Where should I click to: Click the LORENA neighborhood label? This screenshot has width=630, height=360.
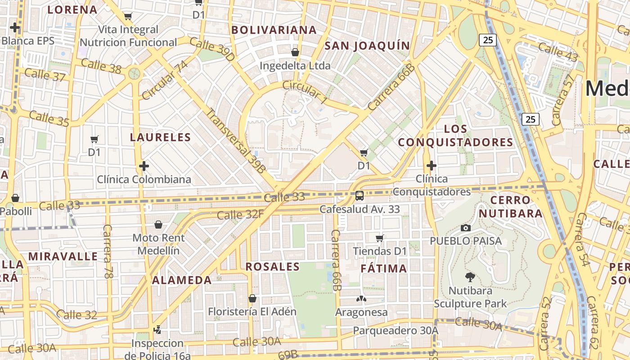[72, 9]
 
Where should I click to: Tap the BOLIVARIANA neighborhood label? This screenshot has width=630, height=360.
[274, 30]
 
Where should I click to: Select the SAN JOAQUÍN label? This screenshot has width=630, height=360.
[367, 45]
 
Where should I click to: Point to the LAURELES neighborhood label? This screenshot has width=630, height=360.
[161, 137]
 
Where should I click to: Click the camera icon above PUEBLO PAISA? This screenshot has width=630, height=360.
[466, 228]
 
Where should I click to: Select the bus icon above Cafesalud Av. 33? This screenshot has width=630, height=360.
[359, 196]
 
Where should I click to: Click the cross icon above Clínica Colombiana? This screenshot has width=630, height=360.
[144, 166]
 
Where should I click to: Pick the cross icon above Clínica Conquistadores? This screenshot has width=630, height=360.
[431, 166]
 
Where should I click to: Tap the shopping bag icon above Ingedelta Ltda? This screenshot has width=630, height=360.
[295, 52]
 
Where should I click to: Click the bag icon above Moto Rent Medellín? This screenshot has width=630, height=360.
[158, 224]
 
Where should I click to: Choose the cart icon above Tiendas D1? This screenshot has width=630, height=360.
[380, 238]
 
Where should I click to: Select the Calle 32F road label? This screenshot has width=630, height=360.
[240, 214]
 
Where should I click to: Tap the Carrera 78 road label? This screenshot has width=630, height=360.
[107, 251]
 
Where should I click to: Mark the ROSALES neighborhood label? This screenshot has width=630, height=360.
[273, 266]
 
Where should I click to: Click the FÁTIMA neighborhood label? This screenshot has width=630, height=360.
[384, 269]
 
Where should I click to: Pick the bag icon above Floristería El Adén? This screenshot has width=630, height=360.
[252, 298]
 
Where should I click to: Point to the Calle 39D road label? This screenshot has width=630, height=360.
[212, 49]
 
